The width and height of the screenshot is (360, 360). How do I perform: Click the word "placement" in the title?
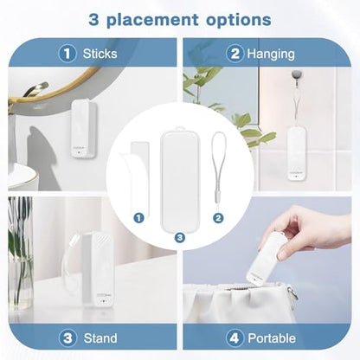152,20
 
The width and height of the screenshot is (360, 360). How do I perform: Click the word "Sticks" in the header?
100,54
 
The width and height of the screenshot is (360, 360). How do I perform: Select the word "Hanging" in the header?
271,54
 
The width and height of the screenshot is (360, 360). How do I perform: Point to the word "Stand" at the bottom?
100,338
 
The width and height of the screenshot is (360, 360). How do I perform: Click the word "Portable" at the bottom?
272,338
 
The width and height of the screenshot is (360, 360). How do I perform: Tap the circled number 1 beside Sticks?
67,54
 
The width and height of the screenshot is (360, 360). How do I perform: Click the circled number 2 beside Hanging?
235,54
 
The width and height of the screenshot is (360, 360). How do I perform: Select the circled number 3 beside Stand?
67,338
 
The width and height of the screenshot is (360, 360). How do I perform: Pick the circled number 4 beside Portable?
235,338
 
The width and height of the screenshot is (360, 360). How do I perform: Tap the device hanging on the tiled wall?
297,154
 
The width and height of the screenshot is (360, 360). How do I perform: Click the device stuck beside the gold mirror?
83,129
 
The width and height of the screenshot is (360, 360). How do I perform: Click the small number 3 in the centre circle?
180,237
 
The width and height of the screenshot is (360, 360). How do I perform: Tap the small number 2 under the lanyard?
218,218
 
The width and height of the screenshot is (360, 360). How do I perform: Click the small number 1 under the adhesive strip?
139,218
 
